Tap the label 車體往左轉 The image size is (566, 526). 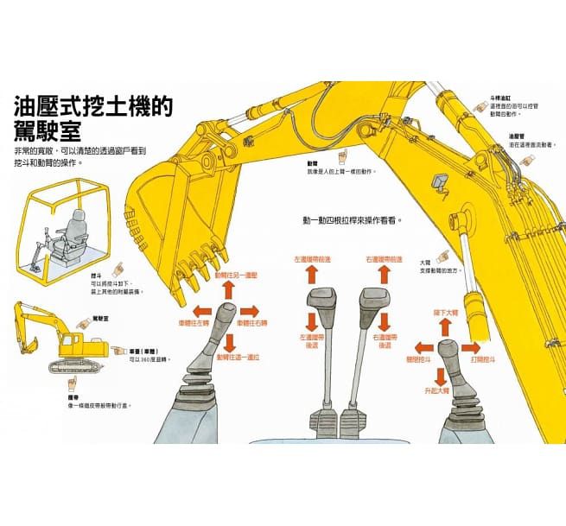click(x=194, y=322)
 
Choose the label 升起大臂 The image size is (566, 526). click(x=437, y=391)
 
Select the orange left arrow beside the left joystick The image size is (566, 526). click(x=201, y=311)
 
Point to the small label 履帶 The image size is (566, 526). click(x=73, y=397)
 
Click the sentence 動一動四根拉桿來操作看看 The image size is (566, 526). click(x=352, y=220)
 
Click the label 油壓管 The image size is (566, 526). click(x=518, y=136)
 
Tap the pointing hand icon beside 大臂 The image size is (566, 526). click(x=444, y=257)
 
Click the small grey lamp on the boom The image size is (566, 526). click(x=441, y=181)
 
